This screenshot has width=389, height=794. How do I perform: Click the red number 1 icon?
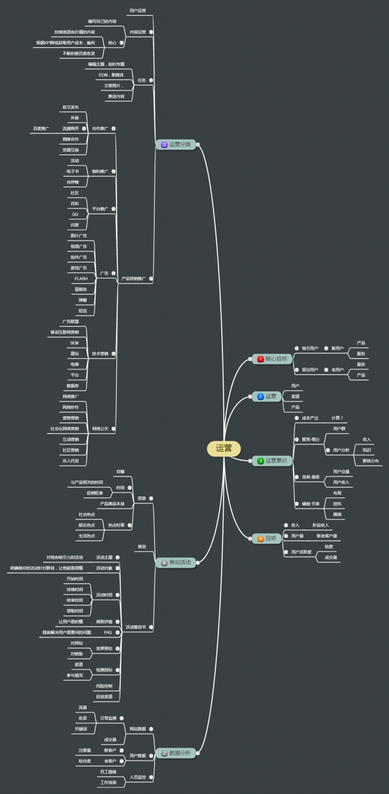point(260,359)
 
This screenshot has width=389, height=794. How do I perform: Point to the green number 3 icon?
point(260,461)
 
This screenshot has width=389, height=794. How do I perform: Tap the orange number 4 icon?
point(260,539)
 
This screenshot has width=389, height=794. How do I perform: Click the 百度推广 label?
point(41,128)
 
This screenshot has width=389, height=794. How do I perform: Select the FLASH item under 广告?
point(81,278)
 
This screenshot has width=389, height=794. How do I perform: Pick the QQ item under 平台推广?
point(75,214)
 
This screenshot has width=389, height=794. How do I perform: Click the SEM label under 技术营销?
point(74,343)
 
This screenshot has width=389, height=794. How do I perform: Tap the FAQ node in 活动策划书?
point(108,632)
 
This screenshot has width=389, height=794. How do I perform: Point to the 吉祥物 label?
point(73,182)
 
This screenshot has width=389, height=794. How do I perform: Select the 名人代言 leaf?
point(70,461)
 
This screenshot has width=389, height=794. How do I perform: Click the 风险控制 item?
point(104,686)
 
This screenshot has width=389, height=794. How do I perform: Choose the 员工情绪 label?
point(108,772)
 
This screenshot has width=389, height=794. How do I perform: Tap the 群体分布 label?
point(371,461)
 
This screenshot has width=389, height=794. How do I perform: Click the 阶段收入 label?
point(321,525)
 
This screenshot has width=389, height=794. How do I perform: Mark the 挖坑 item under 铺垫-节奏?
point(337,504)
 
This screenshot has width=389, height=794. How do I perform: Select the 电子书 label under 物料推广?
point(73,172)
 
